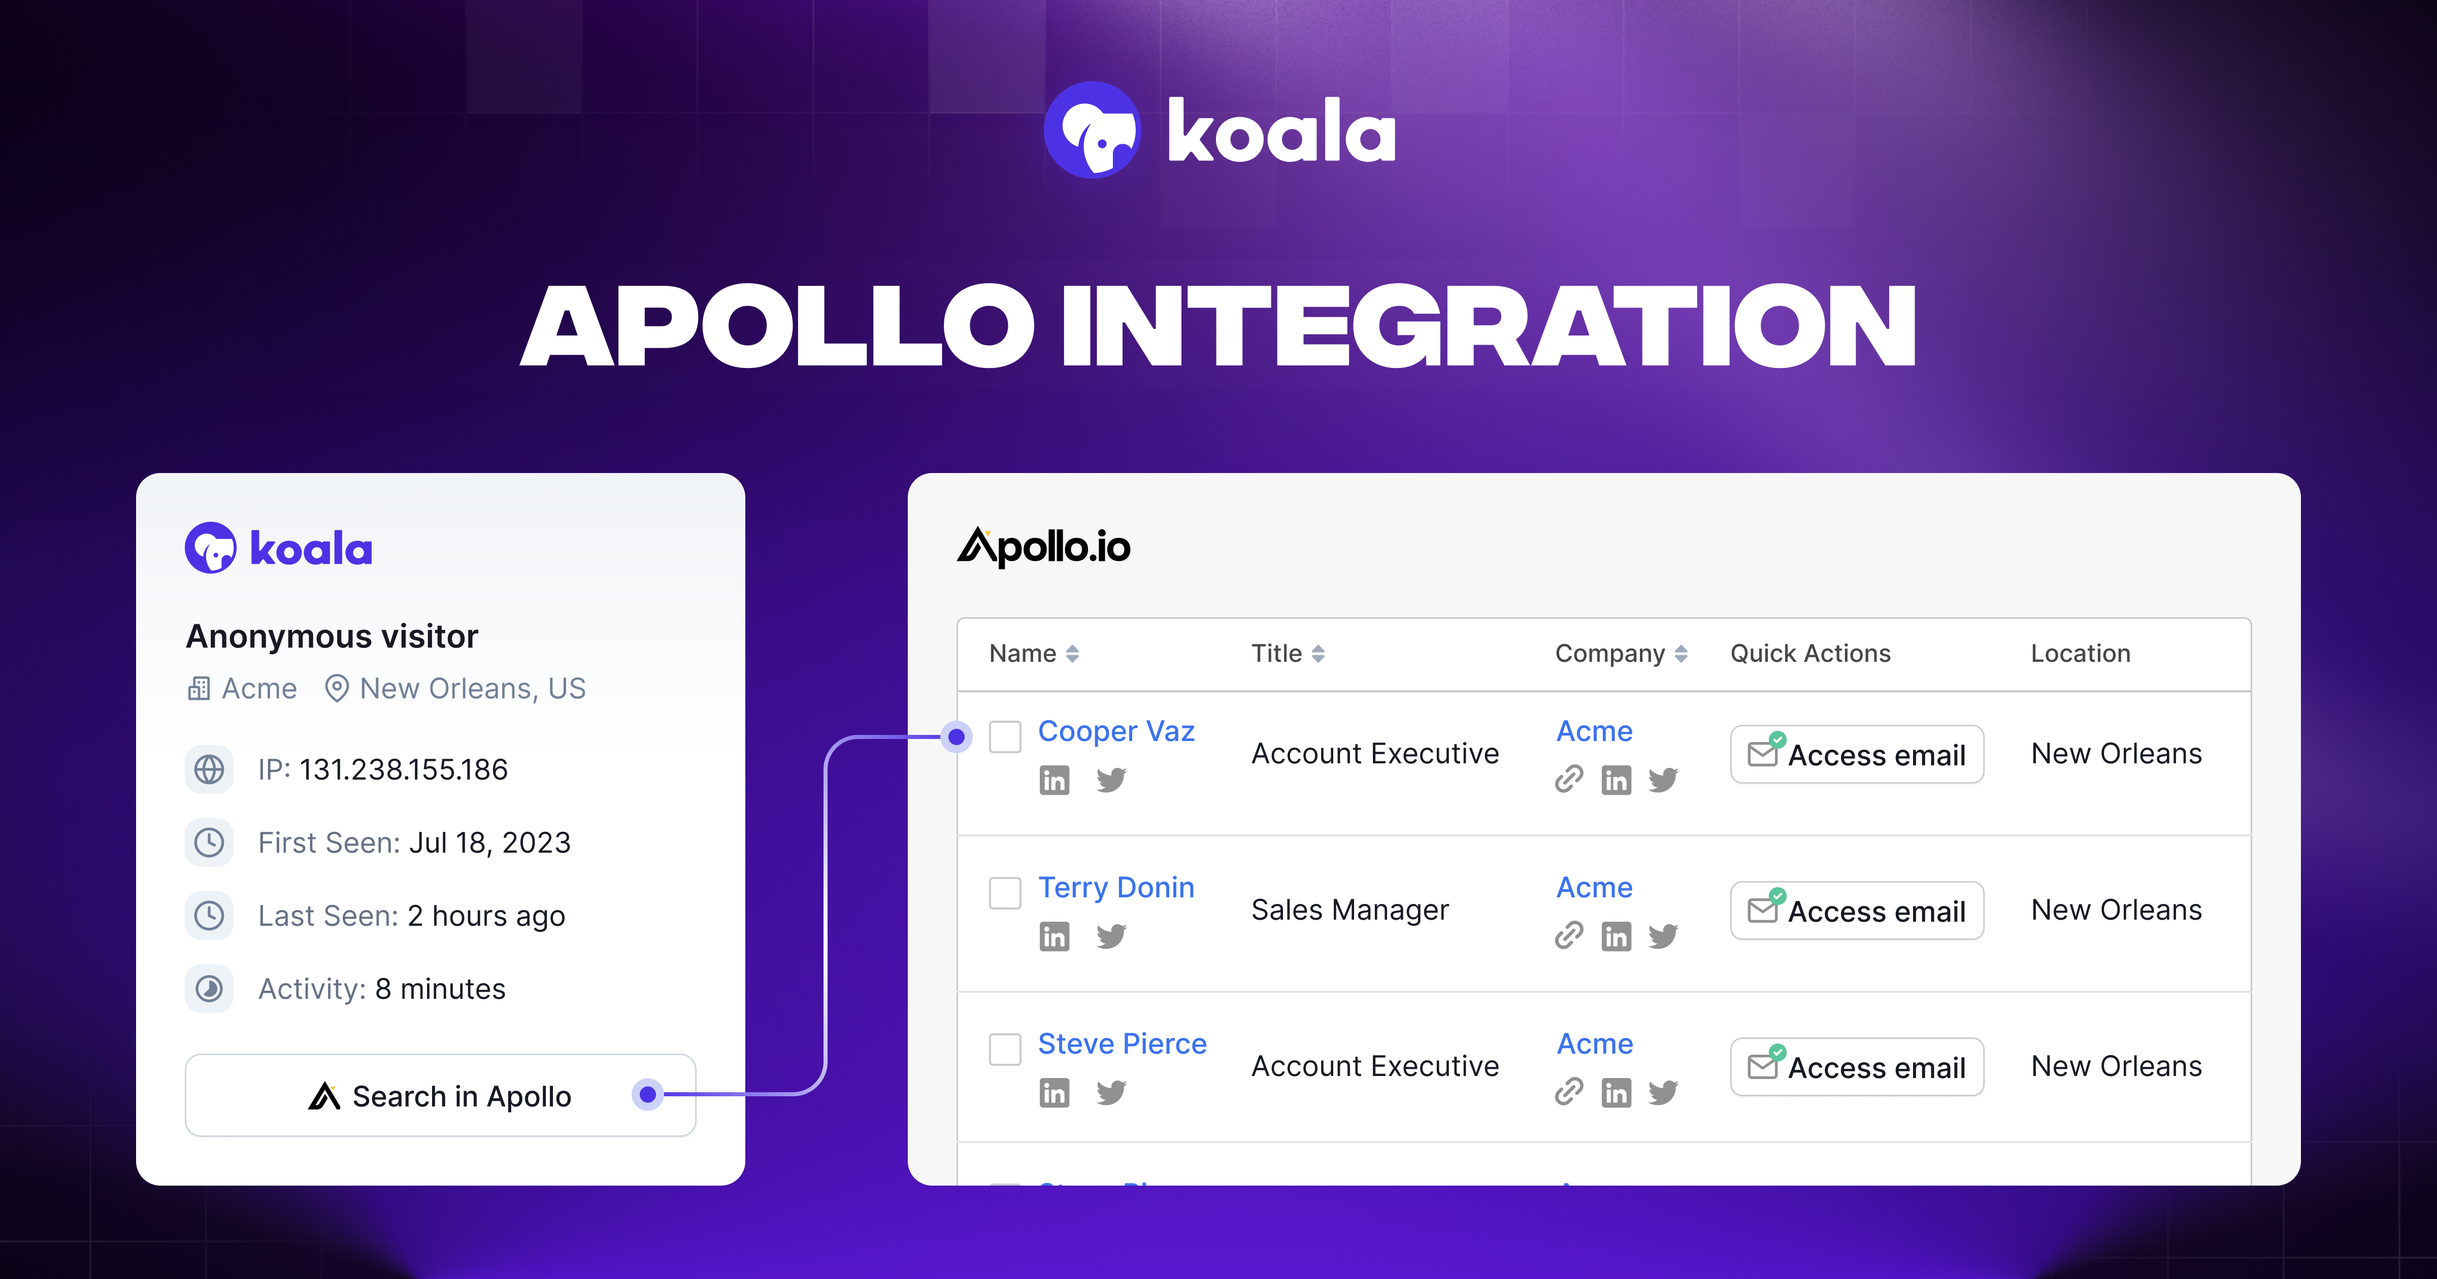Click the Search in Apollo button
tap(440, 1095)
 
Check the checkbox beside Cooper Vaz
tap(1005, 736)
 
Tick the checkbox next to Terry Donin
tap(1005, 892)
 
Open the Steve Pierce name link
tap(1122, 1044)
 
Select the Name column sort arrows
tap(1072, 654)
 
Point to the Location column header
tap(2081, 654)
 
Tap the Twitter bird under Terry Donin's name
tap(1111, 936)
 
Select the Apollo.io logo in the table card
tap(1043, 547)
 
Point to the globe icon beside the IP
tap(209, 769)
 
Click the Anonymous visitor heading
tap(332, 636)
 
